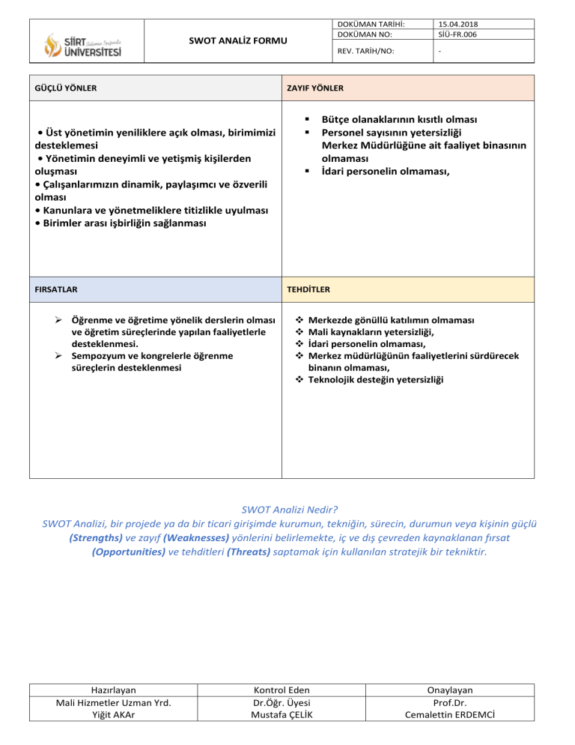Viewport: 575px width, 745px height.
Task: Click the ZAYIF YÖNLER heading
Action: (315, 88)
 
